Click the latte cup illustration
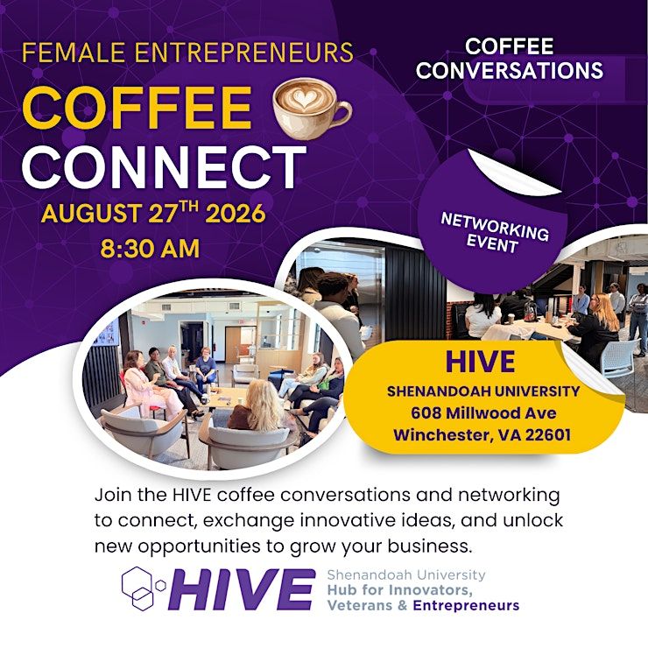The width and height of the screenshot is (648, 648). pos(312,107)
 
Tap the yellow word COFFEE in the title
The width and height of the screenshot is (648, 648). pos(137,109)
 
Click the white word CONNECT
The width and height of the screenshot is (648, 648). pos(164,167)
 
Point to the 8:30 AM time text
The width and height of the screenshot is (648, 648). pos(150,249)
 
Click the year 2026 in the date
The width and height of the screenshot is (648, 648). pos(236,214)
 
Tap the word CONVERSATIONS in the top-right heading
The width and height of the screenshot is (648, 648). pos(510,70)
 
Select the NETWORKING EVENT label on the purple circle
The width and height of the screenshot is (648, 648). pos(494,232)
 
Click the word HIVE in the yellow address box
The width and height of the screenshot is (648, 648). pos(480,362)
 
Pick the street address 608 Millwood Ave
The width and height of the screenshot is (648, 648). pos(483,412)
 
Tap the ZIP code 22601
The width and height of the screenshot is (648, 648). pos(548,434)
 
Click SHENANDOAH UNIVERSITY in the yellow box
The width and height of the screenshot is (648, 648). pos(483,391)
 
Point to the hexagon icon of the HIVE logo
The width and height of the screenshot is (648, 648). pos(143,588)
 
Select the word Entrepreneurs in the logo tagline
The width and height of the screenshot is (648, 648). pos(466,605)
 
